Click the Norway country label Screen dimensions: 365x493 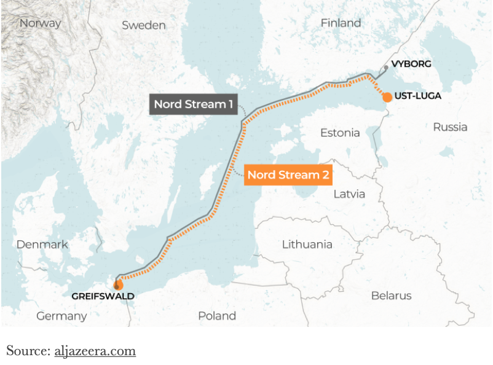click(41, 23)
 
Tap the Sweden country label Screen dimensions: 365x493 click(144, 25)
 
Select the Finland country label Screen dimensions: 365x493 click(341, 23)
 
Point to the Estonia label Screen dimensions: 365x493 click(340, 133)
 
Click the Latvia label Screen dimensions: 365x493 click(349, 194)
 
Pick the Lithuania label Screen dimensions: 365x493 click(307, 245)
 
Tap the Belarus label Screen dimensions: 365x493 click(391, 296)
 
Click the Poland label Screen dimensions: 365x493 click(217, 316)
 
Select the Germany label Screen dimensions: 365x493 click(61, 316)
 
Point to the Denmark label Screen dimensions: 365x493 click(42, 245)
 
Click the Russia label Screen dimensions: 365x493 click(450, 127)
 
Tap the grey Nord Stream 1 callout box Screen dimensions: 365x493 click(193, 104)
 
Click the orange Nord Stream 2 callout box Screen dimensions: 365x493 click(288, 175)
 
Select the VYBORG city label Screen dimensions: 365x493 click(411, 64)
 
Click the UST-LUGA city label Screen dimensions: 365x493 click(418, 96)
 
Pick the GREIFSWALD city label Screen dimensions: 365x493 click(103, 296)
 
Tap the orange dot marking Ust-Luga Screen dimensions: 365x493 click(387, 97)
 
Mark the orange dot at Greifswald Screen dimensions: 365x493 click(118, 285)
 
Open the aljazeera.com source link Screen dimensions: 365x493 click(95, 351)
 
